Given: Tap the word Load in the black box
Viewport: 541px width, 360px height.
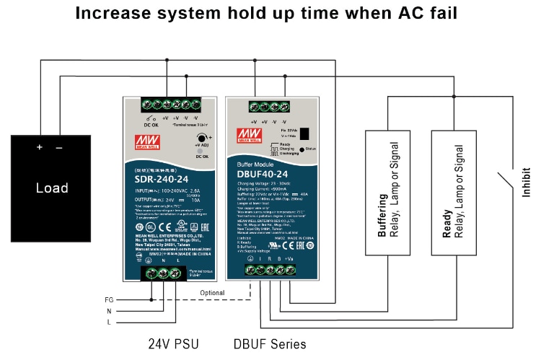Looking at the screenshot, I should (52, 188).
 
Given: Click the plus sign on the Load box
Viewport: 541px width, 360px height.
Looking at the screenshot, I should (40, 148).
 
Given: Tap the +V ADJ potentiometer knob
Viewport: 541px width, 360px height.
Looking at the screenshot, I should (199, 138).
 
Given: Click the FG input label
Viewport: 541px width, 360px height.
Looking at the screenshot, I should (110, 299).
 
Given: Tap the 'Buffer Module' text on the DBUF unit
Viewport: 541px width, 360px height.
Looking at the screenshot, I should (255, 164).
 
